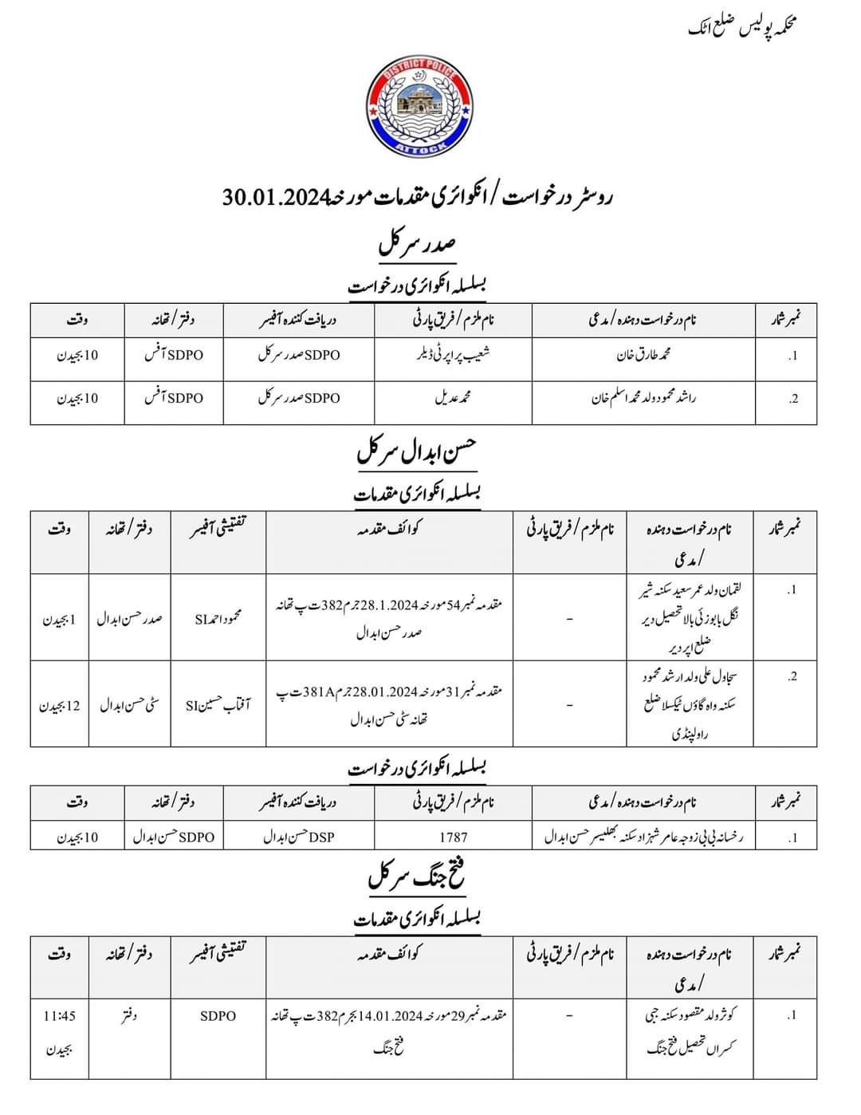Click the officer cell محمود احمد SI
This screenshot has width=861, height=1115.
[218, 618]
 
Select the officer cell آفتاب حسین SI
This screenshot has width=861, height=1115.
[218, 705]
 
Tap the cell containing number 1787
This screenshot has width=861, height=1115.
[453, 837]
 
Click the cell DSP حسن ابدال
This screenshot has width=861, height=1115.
[298, 837]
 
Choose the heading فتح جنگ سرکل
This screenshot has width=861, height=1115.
[417, 877]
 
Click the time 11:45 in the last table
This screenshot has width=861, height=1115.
[60, 1016]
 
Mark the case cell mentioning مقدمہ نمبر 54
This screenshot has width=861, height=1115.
[389, 618]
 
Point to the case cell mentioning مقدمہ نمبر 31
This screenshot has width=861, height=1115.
[389, 705]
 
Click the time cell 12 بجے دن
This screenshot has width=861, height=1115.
[60, 705]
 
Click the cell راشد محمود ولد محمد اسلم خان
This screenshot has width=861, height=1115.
[643, 398]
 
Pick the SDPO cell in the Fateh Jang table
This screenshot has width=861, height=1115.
[218, 1016]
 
